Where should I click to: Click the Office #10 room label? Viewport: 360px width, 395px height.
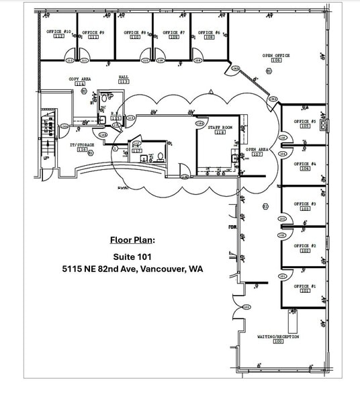58,32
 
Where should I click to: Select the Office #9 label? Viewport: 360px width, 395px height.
93,32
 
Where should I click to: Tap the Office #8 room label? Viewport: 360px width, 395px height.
135,32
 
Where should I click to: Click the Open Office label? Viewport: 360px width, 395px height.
276,56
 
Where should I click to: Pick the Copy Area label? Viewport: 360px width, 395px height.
80,79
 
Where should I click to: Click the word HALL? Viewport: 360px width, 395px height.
124,77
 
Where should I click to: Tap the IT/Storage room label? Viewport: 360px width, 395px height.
81,144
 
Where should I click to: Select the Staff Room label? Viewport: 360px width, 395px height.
220,126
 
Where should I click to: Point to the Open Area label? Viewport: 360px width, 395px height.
257,149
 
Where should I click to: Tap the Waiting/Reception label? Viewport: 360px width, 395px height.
278,336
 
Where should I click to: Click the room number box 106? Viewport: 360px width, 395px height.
276,61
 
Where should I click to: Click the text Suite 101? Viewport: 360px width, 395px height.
132,256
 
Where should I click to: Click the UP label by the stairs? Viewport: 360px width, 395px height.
46,158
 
